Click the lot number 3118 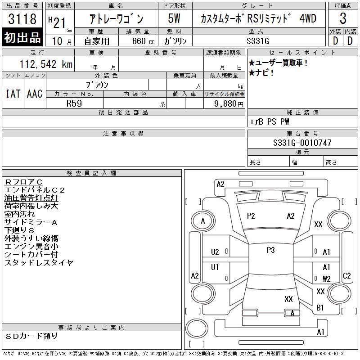(22, 18)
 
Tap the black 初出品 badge (22, 37)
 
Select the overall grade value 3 (343, 18)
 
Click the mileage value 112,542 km (46, 64)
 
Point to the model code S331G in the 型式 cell (257, 41)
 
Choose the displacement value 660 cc (143, 41)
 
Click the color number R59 (74, 103)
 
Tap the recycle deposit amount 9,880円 (229, 104)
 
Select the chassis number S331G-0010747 (302, 143)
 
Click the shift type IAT (13, 94)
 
